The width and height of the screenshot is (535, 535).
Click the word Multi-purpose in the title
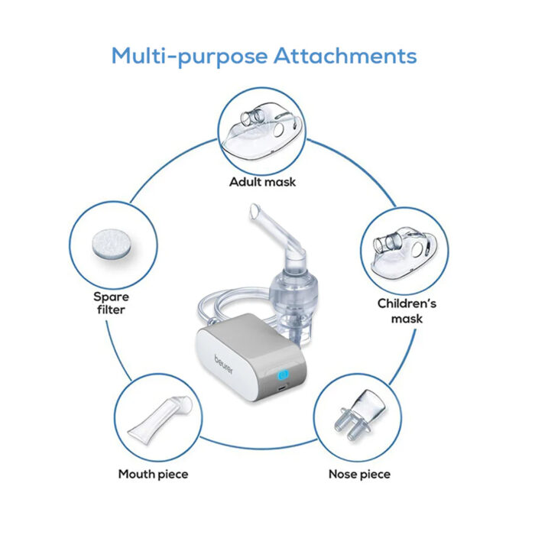coord(190,57)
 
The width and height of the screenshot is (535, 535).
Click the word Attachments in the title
coord(345,56)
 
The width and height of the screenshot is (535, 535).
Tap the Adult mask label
coord(262,182)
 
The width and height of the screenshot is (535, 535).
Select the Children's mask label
coord(407,311)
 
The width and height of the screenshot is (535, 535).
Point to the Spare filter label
coord(112,303)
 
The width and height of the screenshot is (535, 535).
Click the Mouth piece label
coord(153,475)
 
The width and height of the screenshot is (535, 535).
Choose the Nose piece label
coord(359,474)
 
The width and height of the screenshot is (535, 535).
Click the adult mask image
coord(262,131)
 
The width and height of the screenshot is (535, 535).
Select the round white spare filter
coord(112,244)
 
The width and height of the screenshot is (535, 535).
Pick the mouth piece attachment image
coord(160,420)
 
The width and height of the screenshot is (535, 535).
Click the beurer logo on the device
coord(224,365)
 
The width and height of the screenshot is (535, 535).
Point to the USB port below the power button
coord(281,389)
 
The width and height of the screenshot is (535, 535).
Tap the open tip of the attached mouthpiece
coord(255,210)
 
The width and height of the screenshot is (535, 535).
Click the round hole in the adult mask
coord(278,130)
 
